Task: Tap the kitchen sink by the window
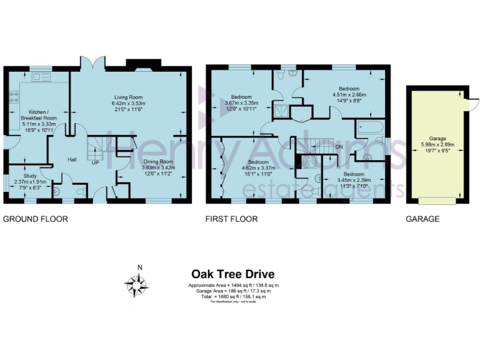click(42, 77)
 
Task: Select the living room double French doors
click(91, 62)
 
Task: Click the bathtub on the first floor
click(369, 131)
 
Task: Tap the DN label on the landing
click(339, 147)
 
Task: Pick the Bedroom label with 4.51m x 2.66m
click(348, 89)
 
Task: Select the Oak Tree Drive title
click(232, 274)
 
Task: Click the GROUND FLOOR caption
click(36, 219)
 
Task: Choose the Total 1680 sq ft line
click(232, 296)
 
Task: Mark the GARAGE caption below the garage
click(422, 219)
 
